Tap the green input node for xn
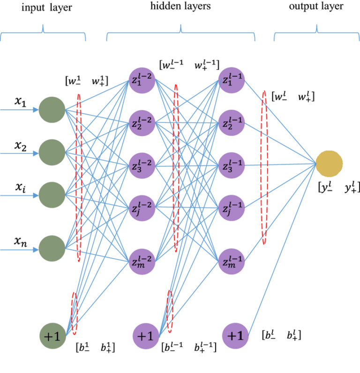point(52,248)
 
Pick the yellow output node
point(330,164)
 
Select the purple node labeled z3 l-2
point(142,166)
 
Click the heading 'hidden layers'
point(180,7)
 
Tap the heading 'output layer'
point(316,7)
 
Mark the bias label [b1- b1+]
point(95,348)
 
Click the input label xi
point(19,188)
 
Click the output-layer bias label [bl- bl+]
point(281,335)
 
